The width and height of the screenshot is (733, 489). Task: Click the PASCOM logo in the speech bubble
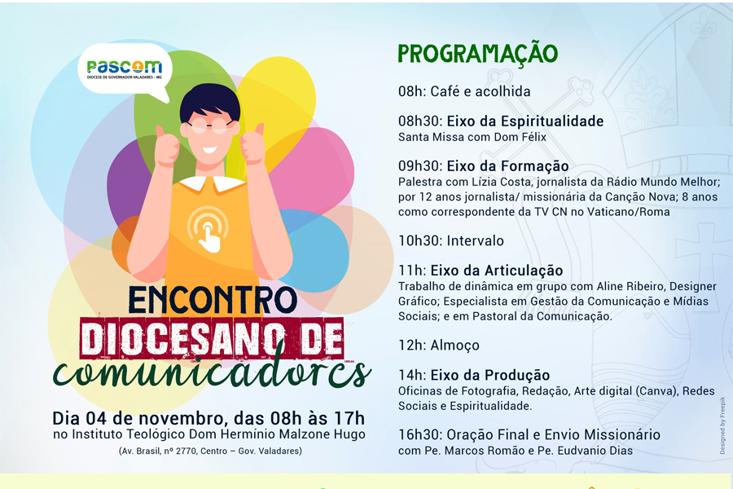pos(125,69)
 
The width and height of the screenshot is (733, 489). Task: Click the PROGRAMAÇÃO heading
pos(478,53)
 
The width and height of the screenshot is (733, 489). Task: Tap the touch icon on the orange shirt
pos(208,229)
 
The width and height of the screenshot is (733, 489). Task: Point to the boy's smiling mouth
pos(209,151)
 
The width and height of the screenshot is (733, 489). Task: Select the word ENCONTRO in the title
pos(213,299)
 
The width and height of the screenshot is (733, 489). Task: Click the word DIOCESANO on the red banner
pos(182,338)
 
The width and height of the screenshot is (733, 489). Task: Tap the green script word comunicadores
pos(212,372)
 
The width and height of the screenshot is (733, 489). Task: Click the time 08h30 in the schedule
pos(419,121)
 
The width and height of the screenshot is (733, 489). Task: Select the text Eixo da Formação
pos(507,166)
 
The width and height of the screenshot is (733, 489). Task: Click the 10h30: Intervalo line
pos(451,241)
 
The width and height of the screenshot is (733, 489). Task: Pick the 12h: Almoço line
pos(432,346)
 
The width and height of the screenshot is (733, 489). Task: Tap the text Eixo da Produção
pos(490,375)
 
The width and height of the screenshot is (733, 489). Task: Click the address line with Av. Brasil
pos(210,451)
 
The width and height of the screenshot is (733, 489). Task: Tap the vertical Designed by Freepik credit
pos(722,425)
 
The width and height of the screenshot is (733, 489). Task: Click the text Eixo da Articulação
pos(497,271)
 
